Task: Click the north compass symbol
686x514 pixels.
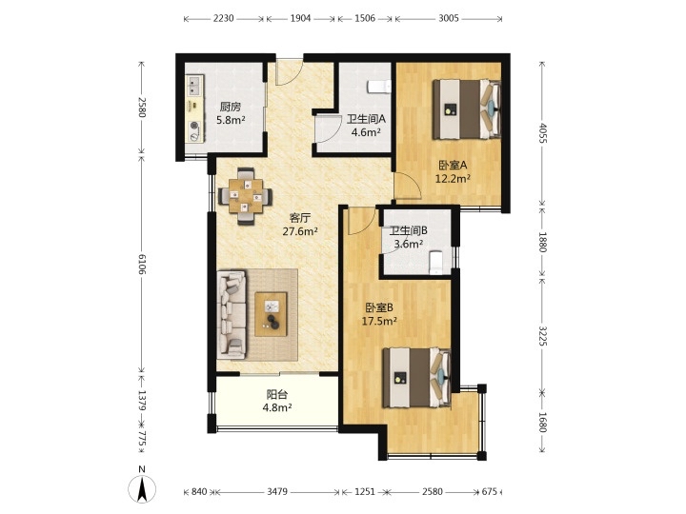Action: (142, 486)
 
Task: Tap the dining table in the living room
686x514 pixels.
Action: (246, 197)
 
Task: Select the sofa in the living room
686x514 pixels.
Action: (232, 314)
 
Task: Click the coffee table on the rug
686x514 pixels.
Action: (272, 314)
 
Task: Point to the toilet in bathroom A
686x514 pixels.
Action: (379, 87)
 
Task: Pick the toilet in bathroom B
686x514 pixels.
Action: (436, 263)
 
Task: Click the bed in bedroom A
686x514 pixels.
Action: (467, 109)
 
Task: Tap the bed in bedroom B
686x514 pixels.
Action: (417, 378)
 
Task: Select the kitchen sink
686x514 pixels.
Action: (195, 86)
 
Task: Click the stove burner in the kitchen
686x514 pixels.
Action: (195, 126)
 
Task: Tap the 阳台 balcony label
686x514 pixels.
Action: (277, 395)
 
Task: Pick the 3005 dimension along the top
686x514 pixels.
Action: (449, 18)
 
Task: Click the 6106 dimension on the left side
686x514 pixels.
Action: (142, 263)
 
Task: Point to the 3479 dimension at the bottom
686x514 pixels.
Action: (277, 492)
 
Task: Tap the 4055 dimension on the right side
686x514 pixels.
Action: (543, 134)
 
